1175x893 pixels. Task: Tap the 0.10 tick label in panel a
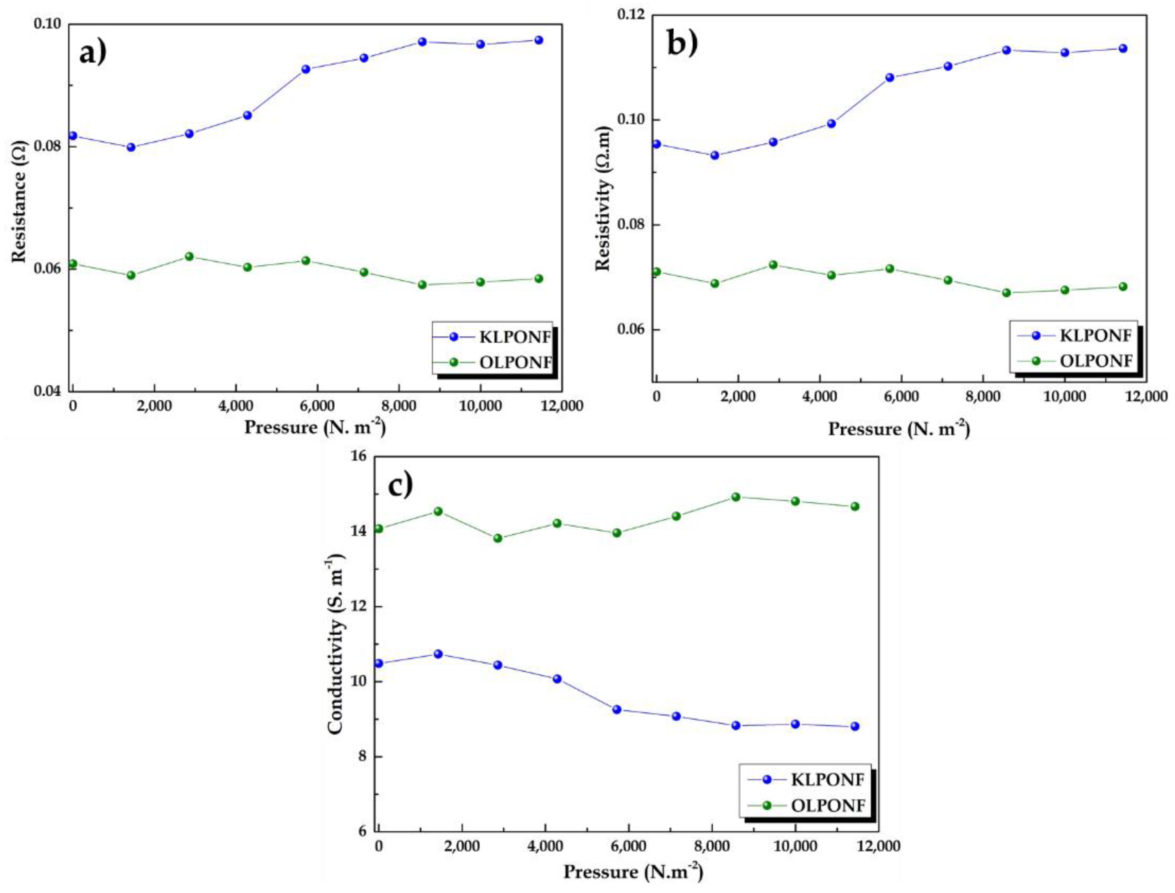(48, 24)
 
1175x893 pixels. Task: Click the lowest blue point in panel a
(131, 147)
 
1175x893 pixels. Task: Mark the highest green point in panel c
(736, 497)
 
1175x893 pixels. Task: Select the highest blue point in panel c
(438, 654)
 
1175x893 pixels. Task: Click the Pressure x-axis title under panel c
(633, 872)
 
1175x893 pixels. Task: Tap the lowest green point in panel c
(498, 538)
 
